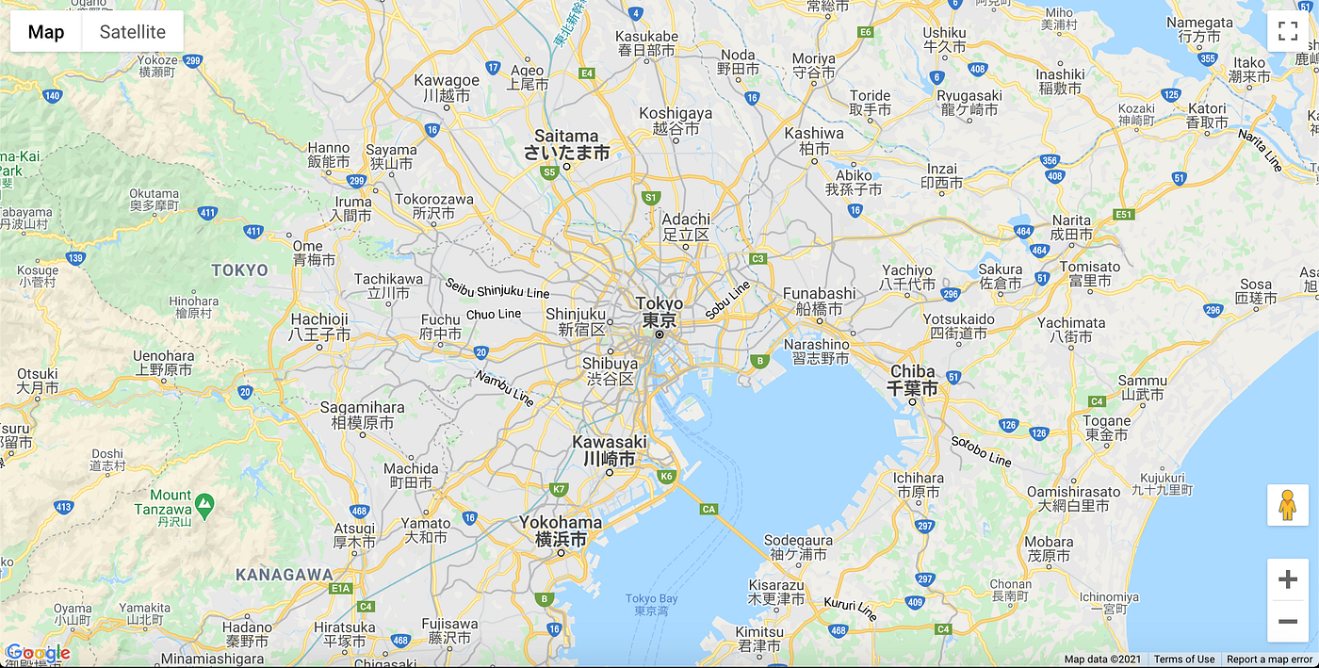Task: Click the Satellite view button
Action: tap(133, 32)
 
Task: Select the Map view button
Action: tap(46, 32)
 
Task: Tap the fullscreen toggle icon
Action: tap(1288, 31)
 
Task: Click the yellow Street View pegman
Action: tap(1288, 506)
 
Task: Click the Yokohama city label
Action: tap(561, 530)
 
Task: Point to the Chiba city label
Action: tap(913, 380)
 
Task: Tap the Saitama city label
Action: tap(567, 144)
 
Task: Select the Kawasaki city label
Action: tap(610, 450)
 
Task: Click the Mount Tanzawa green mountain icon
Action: tap(204, 503)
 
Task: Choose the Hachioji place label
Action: tap(319, 327)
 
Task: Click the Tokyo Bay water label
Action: tap(652, 604)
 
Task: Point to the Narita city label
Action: tap(1071, 227)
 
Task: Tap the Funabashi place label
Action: tap(819, 301)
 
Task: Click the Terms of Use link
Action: tap(1184, 660)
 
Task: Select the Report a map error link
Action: tap(1269, 660)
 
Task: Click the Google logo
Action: tap(38, 653)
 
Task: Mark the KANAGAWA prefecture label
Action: tap(285, 574)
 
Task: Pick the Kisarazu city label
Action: tap(776, 591)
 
